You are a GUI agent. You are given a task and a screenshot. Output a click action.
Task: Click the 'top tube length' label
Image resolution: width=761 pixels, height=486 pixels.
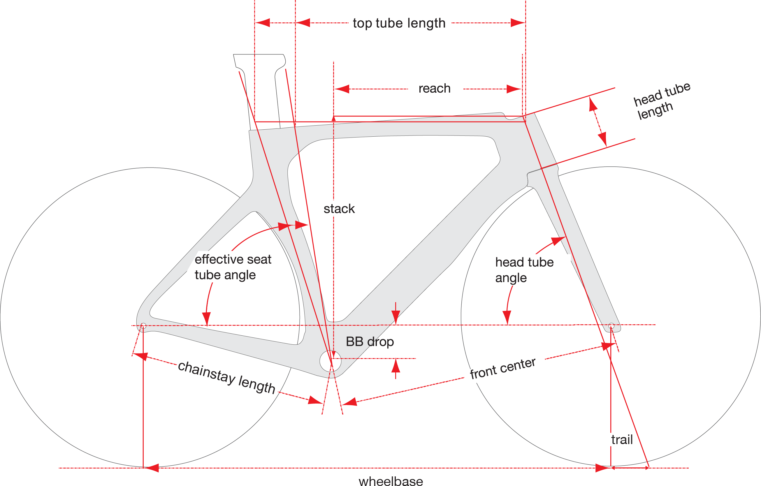(399, 23)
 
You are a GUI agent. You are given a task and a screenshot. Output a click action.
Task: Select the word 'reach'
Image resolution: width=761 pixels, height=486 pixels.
(435, 89)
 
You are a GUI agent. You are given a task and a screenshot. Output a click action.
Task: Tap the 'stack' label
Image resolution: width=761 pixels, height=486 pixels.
(339, 209)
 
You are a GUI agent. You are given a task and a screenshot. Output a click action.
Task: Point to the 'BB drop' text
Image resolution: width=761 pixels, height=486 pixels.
(370, 342)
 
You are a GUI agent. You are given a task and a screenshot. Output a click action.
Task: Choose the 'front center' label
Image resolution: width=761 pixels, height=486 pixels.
(503, 368)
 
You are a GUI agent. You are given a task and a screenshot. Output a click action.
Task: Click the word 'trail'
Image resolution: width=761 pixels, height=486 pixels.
(622, 440)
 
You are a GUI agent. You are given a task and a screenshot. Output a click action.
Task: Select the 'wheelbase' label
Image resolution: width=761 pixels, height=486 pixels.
(391, 481)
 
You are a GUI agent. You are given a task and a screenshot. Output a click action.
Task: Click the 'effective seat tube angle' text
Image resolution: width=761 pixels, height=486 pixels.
(233, 267)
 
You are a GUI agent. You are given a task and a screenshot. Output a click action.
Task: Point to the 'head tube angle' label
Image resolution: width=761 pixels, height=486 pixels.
(524, 270)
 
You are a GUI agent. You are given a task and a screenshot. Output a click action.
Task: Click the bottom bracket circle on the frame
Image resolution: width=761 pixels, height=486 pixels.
(330, 361)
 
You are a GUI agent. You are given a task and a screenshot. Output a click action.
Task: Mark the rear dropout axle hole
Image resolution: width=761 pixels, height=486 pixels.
(143, 325)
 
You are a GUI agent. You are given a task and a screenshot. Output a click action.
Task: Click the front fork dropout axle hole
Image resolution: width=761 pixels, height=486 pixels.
(611, 325)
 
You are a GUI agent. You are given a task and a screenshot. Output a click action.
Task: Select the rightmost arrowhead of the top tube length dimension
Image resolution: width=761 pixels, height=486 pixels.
(518, 23)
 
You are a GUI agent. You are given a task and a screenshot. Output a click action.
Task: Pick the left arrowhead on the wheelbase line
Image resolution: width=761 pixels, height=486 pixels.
(152, 468)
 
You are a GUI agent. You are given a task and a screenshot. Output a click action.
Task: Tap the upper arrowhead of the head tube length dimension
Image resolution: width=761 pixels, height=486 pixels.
(593, 104)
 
